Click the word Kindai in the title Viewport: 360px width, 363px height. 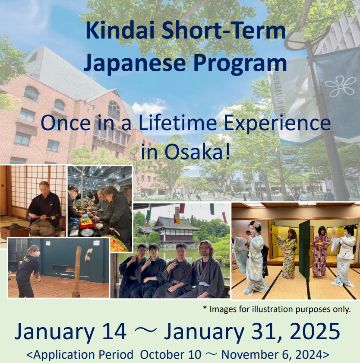120,31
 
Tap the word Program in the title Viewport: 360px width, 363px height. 240,63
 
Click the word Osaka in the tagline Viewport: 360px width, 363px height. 193,152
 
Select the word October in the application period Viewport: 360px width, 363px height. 171,355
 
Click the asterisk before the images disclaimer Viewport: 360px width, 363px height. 205,308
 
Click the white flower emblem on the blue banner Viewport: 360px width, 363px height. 340,86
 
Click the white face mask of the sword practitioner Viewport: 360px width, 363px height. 37,254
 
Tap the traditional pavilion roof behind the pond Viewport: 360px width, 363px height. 175,224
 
